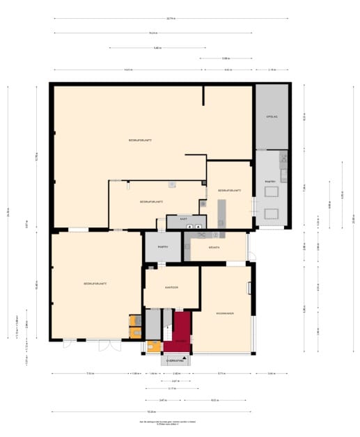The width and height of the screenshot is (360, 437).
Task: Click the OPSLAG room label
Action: coord(272,117)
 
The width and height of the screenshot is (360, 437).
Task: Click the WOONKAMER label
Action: coord(224,314)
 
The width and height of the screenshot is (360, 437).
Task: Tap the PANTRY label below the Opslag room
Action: coord(271,182)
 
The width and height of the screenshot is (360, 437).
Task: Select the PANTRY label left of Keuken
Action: coord(163,247)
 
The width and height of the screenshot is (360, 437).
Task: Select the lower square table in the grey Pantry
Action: coord(271,213)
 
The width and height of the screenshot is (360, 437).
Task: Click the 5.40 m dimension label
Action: coord(157,48)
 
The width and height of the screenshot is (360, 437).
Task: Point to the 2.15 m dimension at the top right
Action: coord(272,70)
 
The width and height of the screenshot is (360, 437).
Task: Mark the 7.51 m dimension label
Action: coord(91,374)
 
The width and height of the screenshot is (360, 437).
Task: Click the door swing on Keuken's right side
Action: coord(251,255)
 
